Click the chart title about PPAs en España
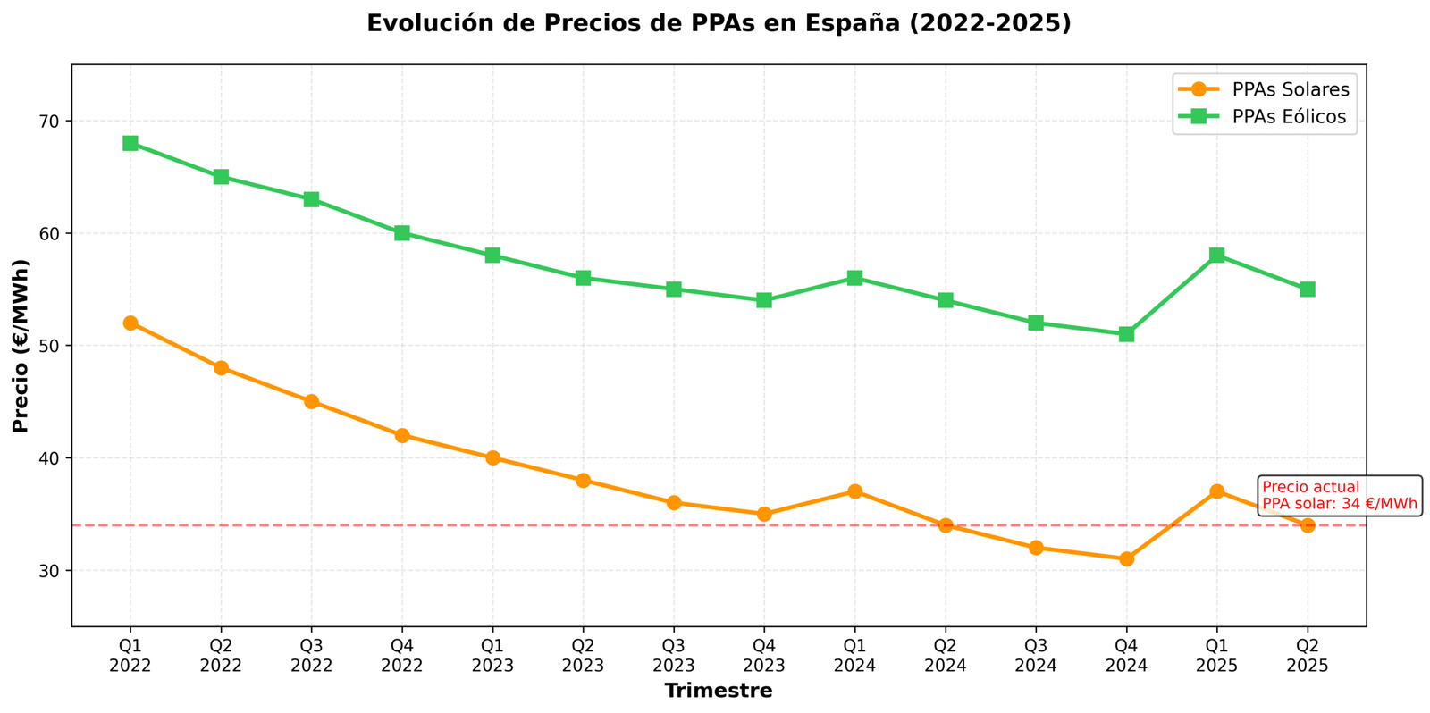(719, 24)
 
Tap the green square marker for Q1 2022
(130, 143)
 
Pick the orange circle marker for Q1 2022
(130, 323)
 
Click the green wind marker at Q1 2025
(1216, 256)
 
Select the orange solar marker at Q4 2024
(1126, 558)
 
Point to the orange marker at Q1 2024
(854, 491)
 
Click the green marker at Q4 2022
(402, 233)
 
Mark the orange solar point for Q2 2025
(1308, 525)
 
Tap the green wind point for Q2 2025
(1308, 289)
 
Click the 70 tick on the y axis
(49, 121)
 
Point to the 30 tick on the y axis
(49, 570)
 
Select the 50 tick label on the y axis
(49, 346)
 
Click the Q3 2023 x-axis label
(673, 656)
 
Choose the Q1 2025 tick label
(1216, 656)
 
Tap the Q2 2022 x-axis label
(221, 656)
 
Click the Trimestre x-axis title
(719, 691)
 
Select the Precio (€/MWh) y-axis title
(21, 346)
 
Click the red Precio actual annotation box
(1339, 496)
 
